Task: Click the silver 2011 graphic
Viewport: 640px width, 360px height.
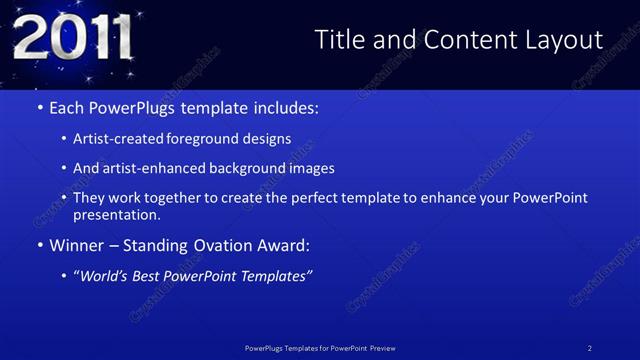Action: [x=71, y=38]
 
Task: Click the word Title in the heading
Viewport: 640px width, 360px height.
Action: [x=338, y=39]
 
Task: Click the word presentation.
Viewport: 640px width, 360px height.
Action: [x=115, y=214]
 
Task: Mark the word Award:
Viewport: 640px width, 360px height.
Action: [x=286, y=245]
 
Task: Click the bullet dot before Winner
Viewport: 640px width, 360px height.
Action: [x=39, y=245]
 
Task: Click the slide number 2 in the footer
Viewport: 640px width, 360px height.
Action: [x=591, y=347]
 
